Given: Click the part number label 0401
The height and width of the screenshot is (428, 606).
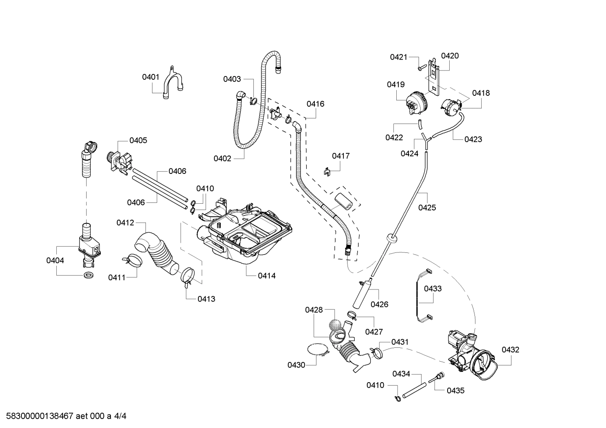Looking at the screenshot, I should (150, 77).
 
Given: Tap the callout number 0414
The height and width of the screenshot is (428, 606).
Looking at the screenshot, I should (267, 276).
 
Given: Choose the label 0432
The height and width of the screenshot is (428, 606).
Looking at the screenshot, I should (510, 349).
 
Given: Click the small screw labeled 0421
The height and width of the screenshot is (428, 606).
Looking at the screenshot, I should (420, 66).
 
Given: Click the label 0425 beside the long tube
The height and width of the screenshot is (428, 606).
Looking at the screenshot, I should (427, 207).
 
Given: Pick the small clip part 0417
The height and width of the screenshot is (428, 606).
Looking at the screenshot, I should (328, 171).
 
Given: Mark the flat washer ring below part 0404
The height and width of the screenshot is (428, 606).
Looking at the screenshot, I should (88, 276).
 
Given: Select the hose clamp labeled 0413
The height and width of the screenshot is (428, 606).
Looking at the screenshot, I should (188, 276).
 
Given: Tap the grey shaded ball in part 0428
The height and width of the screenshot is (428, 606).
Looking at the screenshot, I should (335, 325).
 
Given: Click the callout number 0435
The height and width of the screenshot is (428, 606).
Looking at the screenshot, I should (455, 390).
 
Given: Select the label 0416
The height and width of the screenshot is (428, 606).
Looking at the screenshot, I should (315, 104).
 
